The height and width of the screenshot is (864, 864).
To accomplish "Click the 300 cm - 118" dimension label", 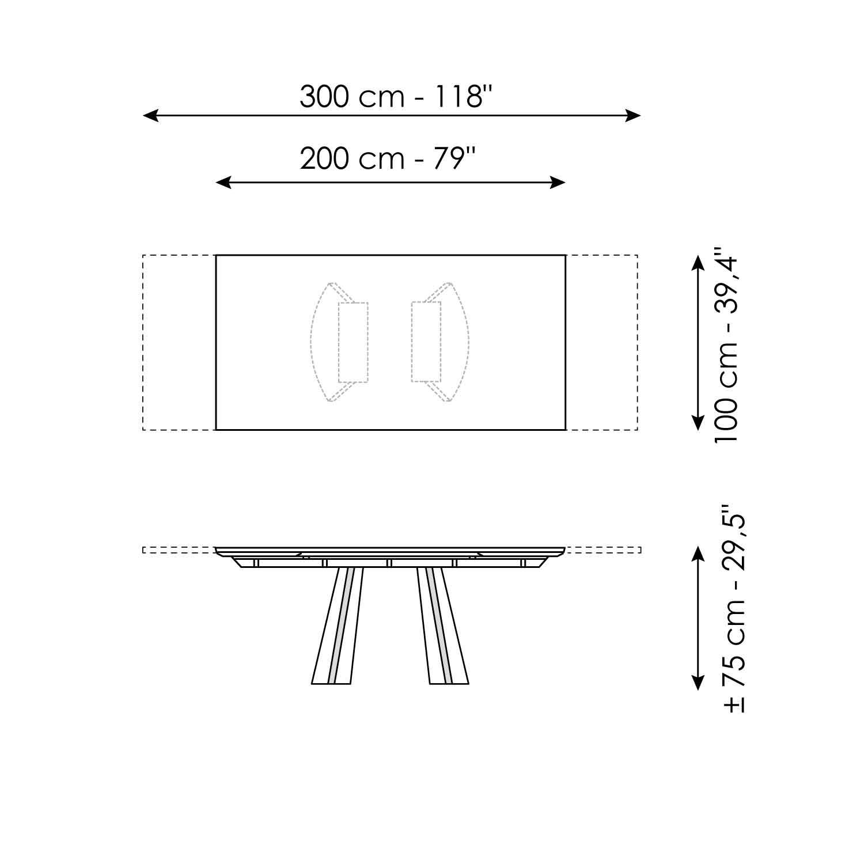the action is click(397, 97).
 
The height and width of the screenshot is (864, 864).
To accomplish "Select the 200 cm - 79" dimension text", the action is click(388, 158).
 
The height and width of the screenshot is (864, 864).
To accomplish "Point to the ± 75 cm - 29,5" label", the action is click(734, 611).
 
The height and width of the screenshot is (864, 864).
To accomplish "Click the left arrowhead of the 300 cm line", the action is click(150, 116).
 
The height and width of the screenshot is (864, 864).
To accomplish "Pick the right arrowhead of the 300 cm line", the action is click(633, 116).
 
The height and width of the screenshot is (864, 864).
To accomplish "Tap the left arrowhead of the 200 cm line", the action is click(223, 183).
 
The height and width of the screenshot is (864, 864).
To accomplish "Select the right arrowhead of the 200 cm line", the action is click(558, 183).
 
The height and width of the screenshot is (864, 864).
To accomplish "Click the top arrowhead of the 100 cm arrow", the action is click(698, 263).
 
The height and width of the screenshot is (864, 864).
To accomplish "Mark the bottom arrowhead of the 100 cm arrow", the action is click(698, 422).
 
